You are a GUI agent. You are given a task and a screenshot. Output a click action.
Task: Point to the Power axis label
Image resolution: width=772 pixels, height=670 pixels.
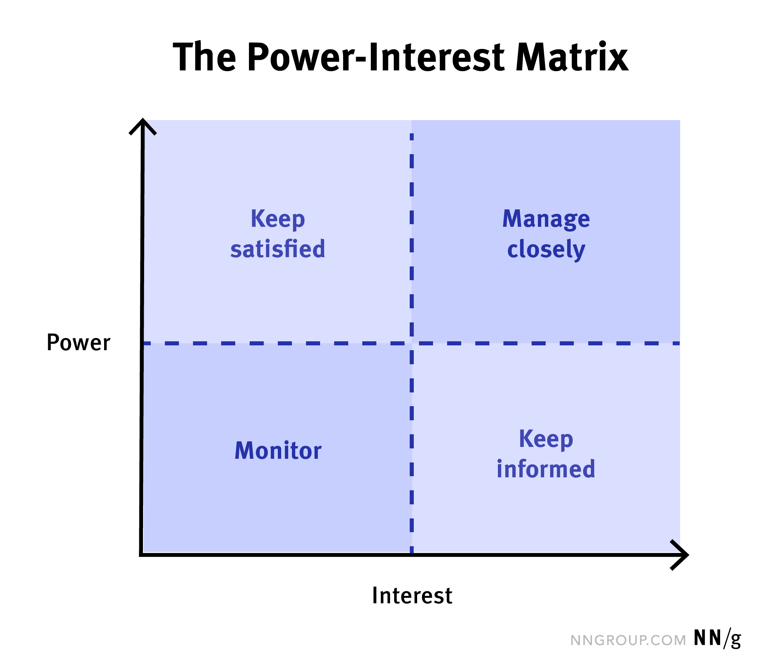pyautogui.click(x=78, y=342)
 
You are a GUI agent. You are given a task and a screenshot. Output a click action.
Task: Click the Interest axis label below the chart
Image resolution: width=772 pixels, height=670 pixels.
pyautogui.click(x=412, y=596)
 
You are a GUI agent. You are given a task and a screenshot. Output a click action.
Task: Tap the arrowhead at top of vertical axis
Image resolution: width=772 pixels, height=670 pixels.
pyautogui.click(x=142, y=125)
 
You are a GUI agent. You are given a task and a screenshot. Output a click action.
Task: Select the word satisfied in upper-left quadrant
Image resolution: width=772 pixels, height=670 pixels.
pyautogui.click(x=277, y=249)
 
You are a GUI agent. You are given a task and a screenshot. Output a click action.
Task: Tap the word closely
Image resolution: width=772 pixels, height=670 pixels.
pyautogui.click(x=546, y=250)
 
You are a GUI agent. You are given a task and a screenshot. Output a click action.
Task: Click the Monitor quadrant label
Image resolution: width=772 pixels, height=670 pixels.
pyautogui.click(x=277, y=451)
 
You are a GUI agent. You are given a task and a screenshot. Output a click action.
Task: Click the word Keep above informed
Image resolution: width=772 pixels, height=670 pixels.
pyautogui.click(x=546, y=439)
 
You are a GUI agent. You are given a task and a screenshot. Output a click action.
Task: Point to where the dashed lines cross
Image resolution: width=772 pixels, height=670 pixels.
pyautogui.click(x=412, y=343)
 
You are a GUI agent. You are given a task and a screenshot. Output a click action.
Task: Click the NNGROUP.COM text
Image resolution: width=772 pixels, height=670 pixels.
pyautogui.click(x=628, y=640)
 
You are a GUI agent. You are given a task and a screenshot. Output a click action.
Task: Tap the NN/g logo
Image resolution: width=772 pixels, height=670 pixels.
pyautogui.click(x=717, y=639)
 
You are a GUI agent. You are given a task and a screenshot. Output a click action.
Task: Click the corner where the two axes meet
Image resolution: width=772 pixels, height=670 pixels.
pyautogui.click(x=142, y=554)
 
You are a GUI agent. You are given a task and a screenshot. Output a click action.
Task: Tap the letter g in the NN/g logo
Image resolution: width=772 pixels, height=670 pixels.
pyautogui.click(x=735, y=640)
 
